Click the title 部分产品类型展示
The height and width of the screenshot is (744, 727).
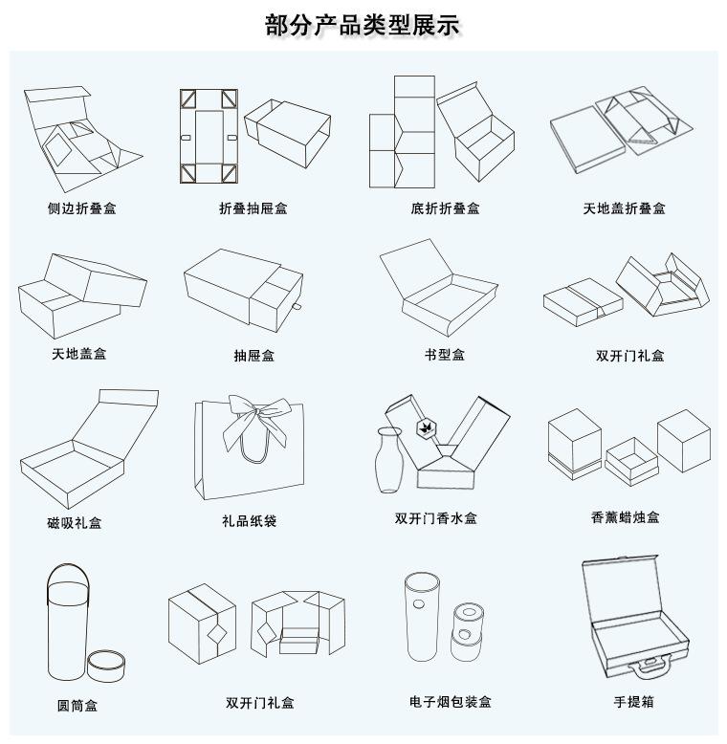(363, 25)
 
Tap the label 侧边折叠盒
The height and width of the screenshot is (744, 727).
(82, 208)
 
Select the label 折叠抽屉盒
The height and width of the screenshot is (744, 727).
(253, 208)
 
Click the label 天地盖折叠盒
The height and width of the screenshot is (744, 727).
(625, 208)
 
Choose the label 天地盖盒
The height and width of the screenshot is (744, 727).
(79, 354)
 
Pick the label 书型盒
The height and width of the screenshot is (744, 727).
(445, 355)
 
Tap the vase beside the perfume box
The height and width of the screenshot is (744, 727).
(388, 461)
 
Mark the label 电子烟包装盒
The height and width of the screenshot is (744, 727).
(450, 702)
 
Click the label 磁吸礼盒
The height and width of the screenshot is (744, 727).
(75, 523)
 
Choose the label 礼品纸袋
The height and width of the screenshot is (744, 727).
(250, 521)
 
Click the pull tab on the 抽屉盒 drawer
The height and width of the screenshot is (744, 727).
(297, 308)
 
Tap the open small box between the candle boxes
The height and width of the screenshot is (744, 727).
(629, 458)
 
